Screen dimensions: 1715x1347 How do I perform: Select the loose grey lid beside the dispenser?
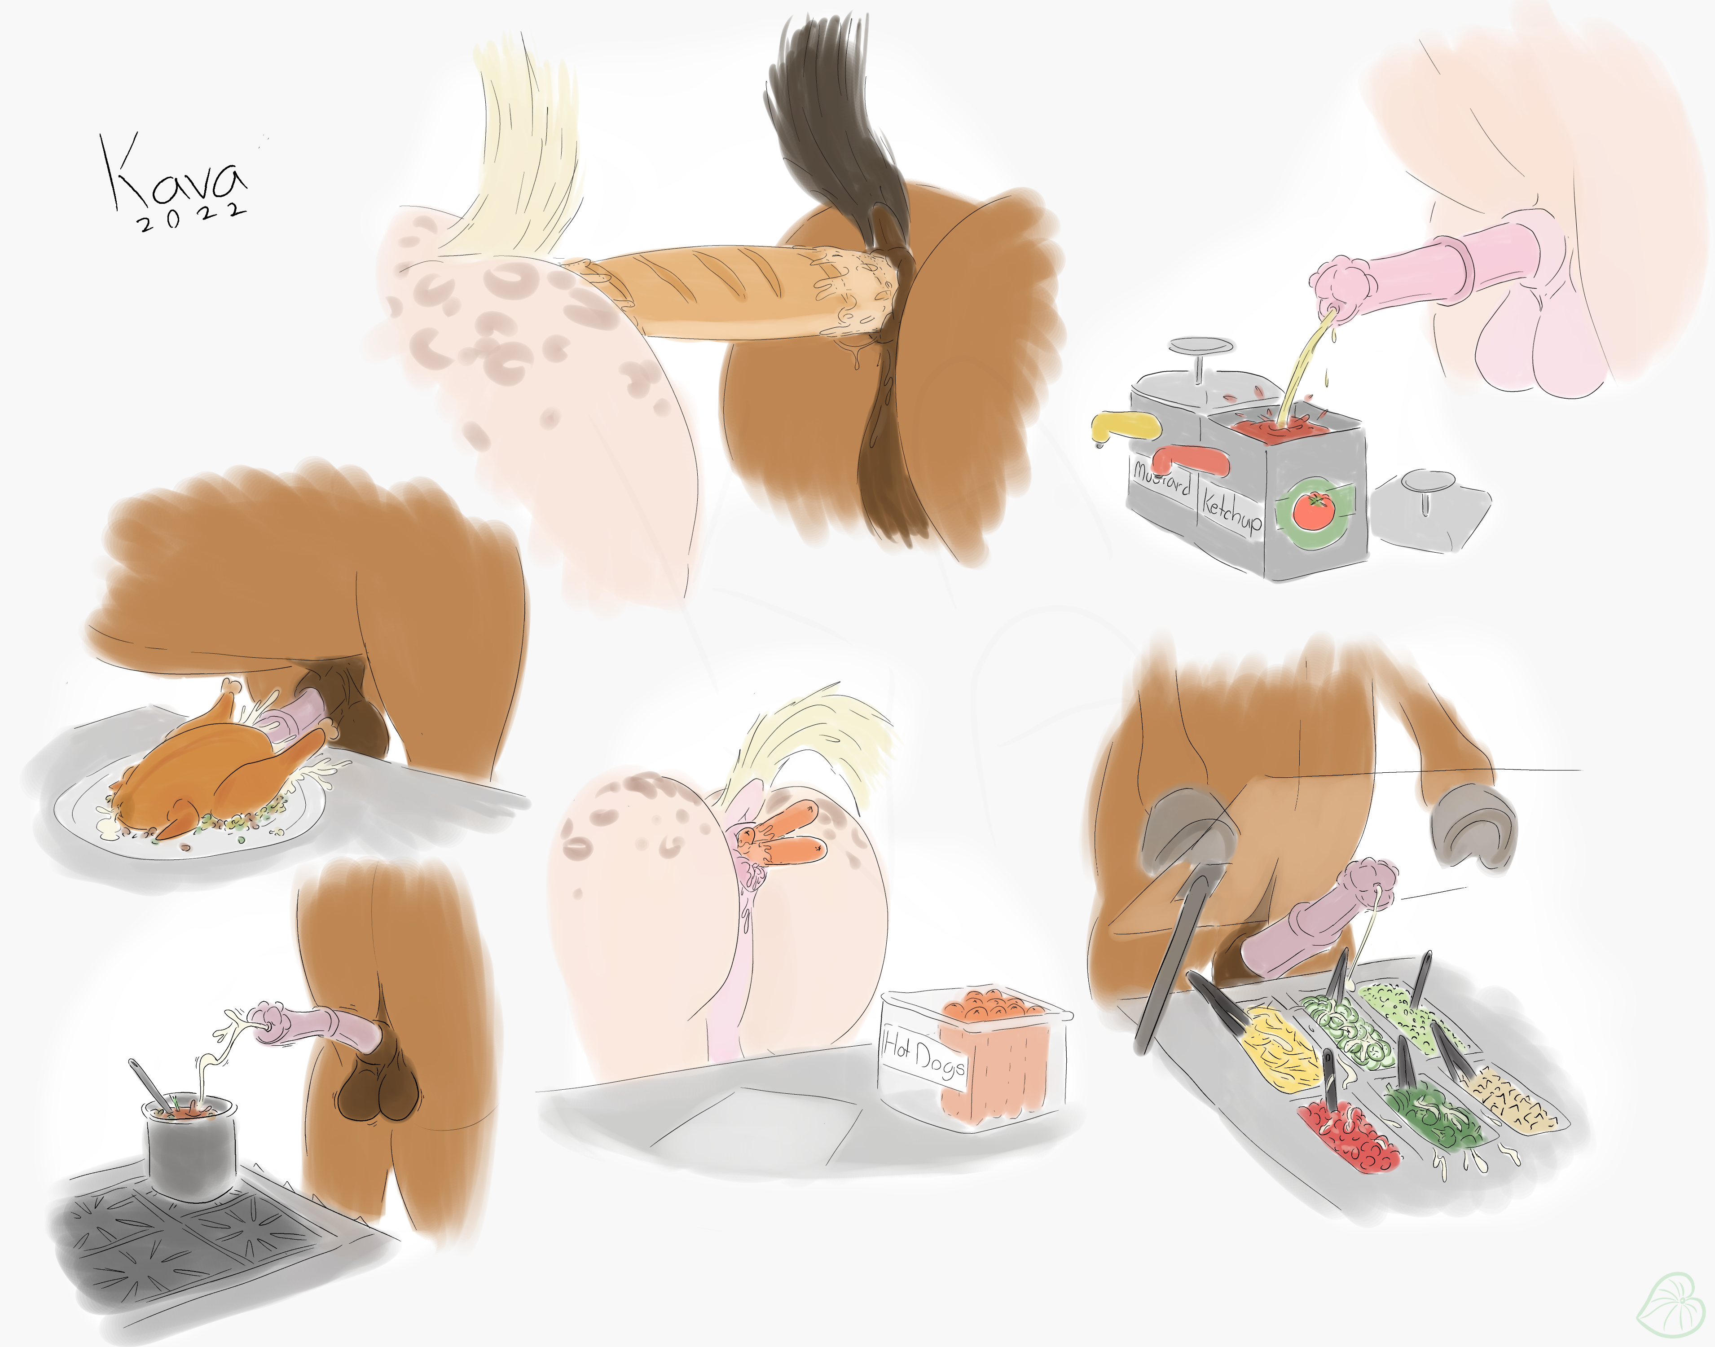(x=1429, y=510)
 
